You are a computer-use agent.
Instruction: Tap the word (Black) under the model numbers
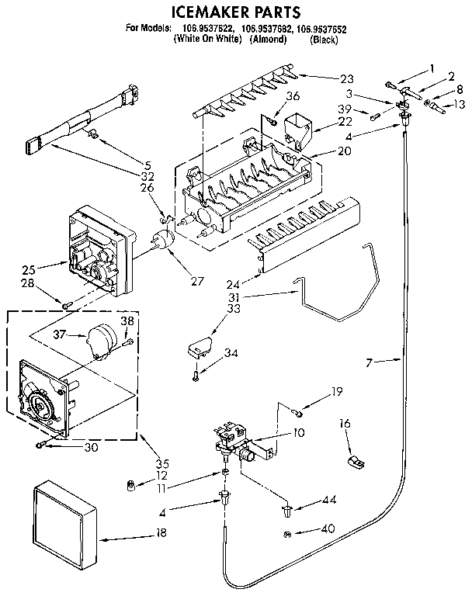point(323,40)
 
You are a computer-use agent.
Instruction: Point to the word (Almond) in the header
point(268,40)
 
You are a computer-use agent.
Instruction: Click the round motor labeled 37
point(100,341)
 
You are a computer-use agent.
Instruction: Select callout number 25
point(29,270)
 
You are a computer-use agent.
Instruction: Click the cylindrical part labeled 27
point(164,242)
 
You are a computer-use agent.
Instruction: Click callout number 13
point(460,105)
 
